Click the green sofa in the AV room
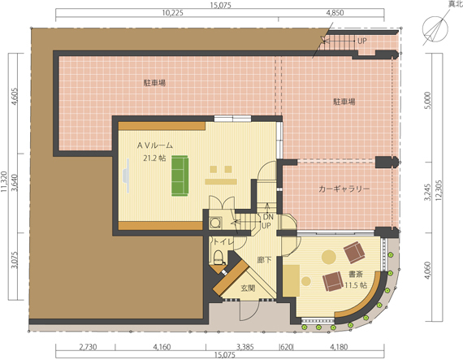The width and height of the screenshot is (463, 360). click(x=180, y=176)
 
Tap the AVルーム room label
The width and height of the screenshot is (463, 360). click(x=155, y=145)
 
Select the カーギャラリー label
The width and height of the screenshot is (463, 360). click(x=344, y=189)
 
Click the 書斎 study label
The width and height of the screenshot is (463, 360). click(x=356, y=274)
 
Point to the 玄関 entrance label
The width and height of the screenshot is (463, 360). click(x=248, y=288)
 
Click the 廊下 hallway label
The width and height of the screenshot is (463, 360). click(x=264, y=260)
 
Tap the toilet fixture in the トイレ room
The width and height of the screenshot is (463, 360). click(x=219, y=256)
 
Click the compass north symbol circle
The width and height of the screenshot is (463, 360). click(x=435, y=29)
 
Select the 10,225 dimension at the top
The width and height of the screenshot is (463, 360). click(x=172, y=13)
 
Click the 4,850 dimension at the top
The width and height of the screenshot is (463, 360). click(x=335, y=13)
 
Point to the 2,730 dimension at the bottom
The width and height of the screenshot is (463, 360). click(x=88, y=346)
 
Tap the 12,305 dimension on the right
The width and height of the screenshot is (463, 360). click(x=439, y=191)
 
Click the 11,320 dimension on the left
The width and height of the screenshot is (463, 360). click(x=4, y=181)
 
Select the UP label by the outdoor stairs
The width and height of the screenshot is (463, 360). click(x=362, y=41)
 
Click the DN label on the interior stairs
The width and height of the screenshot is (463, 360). click(x=268, y=217)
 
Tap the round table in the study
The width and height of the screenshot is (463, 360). click(x=329, y=257)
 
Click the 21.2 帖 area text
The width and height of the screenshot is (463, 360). click(x=154, y=158)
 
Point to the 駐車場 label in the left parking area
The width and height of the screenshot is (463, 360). click(x=154, y=83)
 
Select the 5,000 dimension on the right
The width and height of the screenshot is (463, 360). click(x=429, y=101)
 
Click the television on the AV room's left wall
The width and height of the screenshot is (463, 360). click(x=127, y=176)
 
